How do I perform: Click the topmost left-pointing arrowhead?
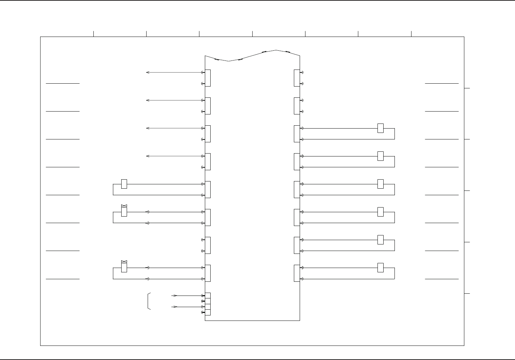(147, 72)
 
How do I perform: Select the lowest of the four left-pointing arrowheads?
(147, 156)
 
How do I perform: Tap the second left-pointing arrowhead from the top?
(147, 100)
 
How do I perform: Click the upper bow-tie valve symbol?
(124, 206)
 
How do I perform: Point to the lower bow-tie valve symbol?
(124, 261)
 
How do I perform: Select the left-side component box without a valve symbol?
(124, 184)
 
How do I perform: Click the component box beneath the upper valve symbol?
(124, 212)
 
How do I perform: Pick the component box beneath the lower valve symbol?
(124, 268)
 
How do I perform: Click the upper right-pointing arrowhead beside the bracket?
(175, 296)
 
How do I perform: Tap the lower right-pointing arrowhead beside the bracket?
(175, 307)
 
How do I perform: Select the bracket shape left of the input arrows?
(149, 301)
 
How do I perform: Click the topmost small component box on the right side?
(380, 128)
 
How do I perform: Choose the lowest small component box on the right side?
(380, 268)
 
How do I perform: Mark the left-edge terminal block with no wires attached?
(208, 245)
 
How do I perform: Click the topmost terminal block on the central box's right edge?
(297, 78)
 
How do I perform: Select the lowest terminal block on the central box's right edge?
(297, 273)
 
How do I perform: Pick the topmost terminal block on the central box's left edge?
(208, 78)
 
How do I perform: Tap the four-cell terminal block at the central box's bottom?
(208, 304)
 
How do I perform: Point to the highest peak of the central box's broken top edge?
(276, 50)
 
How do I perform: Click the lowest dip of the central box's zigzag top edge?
(228, 61)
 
